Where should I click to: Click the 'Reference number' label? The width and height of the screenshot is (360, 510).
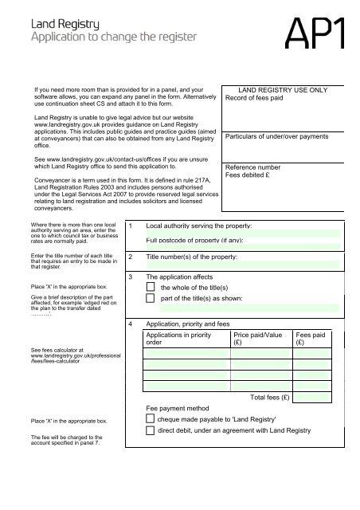252,168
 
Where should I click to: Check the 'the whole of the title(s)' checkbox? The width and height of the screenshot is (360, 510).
151,287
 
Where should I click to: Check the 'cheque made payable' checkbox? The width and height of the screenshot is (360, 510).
151,418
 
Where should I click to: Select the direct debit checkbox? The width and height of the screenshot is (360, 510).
151,430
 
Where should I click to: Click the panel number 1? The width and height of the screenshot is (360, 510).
131,226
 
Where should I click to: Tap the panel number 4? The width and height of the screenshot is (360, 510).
131,325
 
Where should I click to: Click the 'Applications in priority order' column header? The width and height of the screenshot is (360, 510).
178,340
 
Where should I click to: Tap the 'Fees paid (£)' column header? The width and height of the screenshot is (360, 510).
310,340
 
